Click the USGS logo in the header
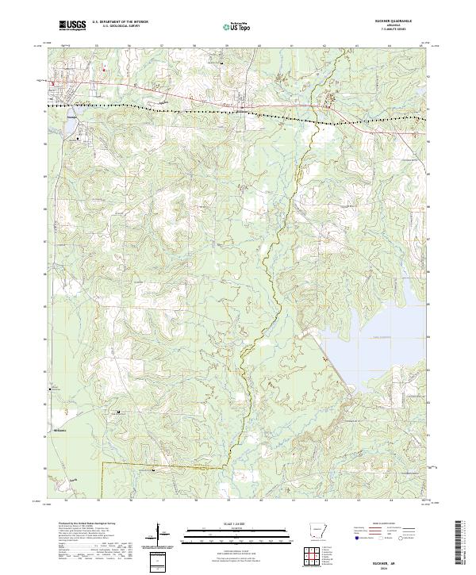[x=72, y=26]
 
